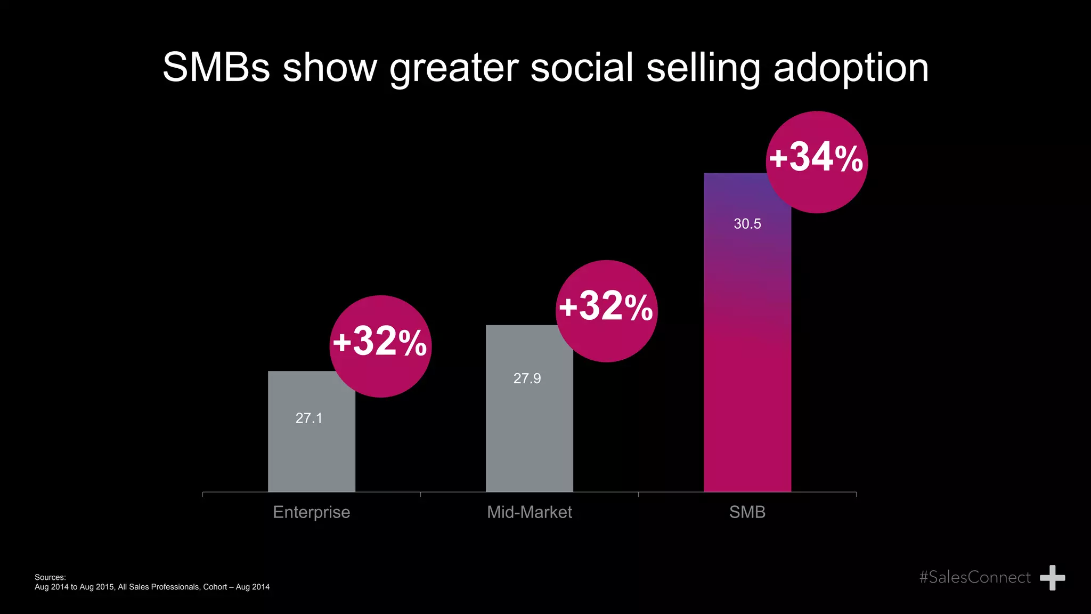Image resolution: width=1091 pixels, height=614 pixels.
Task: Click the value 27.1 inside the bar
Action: [x=309, y=418]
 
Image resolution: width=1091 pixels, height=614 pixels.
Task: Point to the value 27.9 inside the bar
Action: [x=527, y=378]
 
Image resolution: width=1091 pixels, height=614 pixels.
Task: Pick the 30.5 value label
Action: [x=747, y=224]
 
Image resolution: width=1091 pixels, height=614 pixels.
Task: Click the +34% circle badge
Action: [x=817, y=162]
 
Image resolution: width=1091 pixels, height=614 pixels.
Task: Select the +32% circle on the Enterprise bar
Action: [x=380, y=346]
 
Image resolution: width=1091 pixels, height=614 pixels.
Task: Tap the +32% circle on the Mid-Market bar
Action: [x=606, y=311]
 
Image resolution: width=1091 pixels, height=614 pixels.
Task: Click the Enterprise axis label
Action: [x=311, y=512]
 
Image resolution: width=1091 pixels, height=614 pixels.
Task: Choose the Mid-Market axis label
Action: [x=529, y=512]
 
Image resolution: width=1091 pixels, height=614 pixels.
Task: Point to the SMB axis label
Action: [x=747, y=512]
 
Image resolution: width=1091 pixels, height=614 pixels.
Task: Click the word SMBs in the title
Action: [x=216, y=68]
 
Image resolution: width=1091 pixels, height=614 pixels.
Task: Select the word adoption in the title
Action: [x=851, y=68]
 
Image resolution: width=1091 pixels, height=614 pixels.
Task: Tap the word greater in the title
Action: [x=453, y=68]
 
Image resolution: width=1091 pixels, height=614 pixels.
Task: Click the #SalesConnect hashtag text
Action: [x=974, y=577]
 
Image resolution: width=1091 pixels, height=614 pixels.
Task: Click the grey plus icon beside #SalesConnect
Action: [x=1052, y=578]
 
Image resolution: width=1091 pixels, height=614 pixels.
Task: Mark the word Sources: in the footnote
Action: [x=50, y=577]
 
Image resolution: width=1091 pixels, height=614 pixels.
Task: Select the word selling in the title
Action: [x=703, y=68]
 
